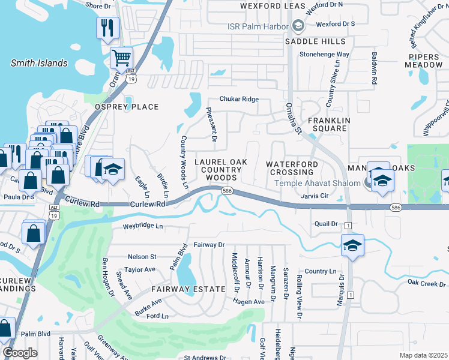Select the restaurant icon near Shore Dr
(107, 27)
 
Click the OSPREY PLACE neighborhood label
(127, 107)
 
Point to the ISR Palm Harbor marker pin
(297, 26)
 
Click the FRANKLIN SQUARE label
(328, 124)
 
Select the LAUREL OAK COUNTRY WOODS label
(218, 170)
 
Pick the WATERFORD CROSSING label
(292, 168)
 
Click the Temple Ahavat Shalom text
(322, 184)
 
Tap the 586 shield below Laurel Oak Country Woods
(226, 191)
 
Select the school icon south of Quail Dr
(353, 245)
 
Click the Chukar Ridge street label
(239, 99)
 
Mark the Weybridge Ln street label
(143, 226)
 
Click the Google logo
(20, 353)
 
